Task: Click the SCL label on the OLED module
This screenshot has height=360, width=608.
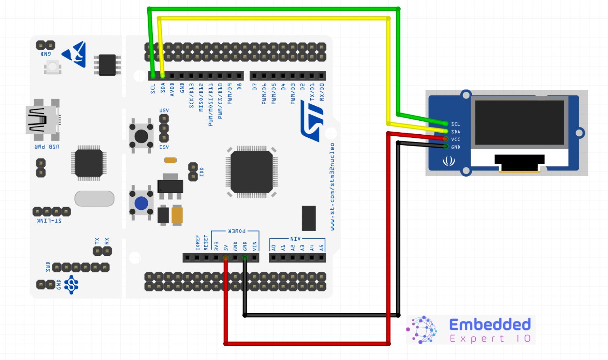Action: (x=456, y=124)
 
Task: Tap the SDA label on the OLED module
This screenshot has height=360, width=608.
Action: (x=456, y=131)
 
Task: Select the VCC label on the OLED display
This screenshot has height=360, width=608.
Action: (x=456, y=139)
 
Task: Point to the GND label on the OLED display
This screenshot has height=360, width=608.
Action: (x=456, y=147)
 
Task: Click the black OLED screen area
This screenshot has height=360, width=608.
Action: (x=519, y=122)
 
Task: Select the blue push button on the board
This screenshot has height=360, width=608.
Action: (x=141, y=204)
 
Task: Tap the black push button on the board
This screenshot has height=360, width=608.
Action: (x=141, y=136)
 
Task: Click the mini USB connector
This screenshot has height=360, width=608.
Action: (x=42, y=120)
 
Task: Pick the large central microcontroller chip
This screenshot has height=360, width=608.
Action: (x=251, y=172)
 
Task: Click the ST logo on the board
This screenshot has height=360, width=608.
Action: (x=312, y=121)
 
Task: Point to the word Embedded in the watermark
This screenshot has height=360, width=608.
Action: (x=490, y=324)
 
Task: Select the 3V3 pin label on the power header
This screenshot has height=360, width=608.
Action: (x=216, y=246)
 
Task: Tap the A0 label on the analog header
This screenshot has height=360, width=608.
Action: (x=274, y=248)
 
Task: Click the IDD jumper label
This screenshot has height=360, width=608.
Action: (x=201, y=171)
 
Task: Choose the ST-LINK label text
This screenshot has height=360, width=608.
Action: (x=49, y=221)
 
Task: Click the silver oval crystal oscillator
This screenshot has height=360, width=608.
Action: (x=94, y=199)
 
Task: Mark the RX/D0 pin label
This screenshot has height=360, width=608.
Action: (x=322, y=92)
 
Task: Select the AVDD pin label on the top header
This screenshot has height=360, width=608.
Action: (x=172, y=90)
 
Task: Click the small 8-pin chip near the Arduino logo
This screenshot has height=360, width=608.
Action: (x=107, y=65)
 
